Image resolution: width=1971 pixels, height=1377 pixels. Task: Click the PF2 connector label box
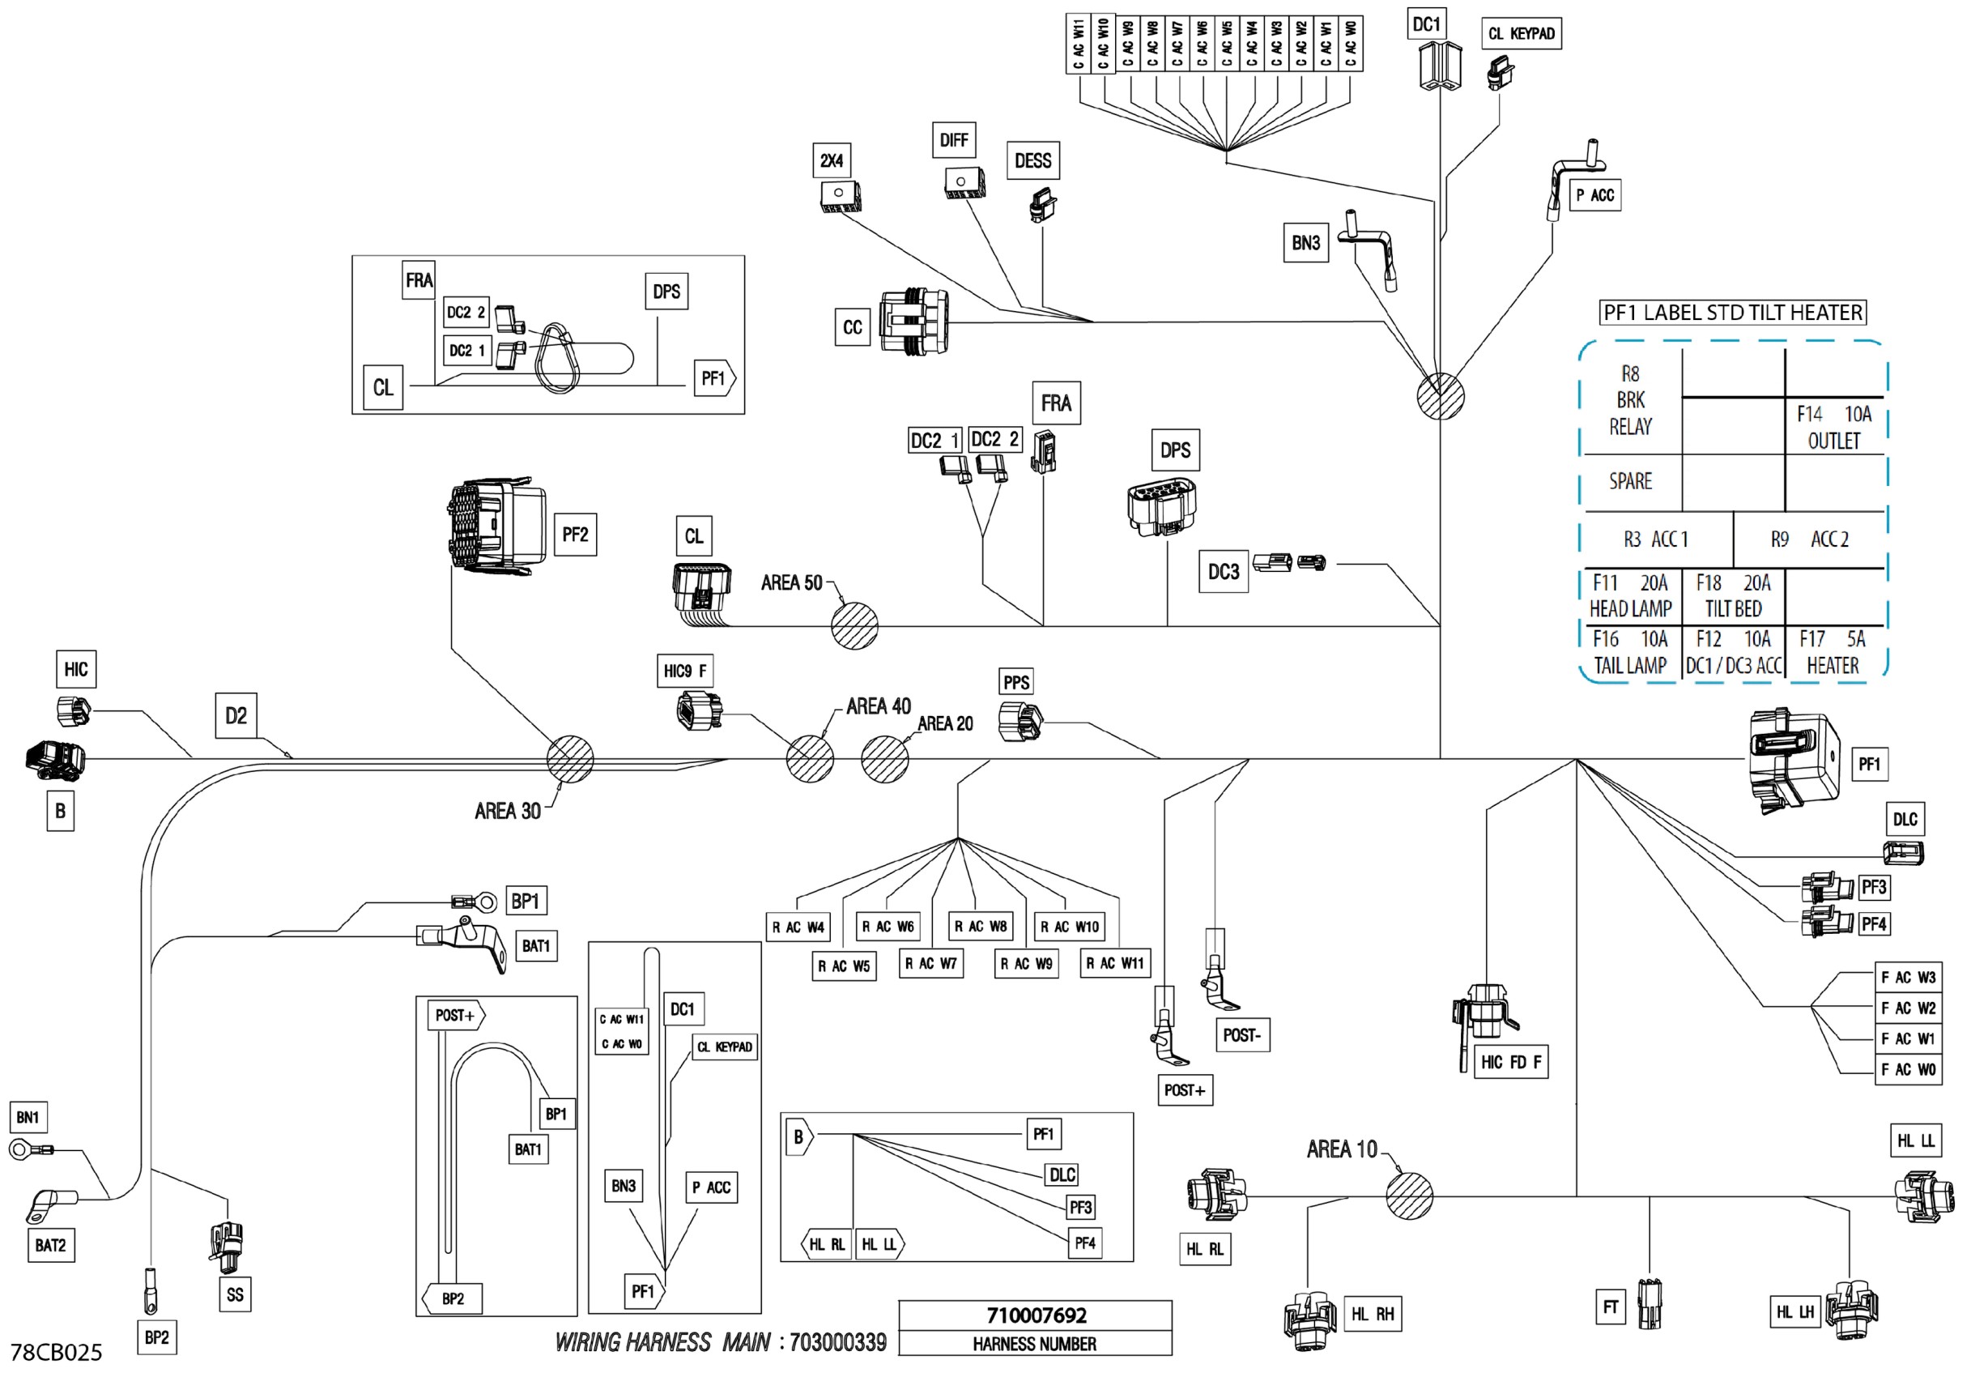(x=574, y=535)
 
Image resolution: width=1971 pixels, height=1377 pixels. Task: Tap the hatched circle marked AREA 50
(x=854, y=626)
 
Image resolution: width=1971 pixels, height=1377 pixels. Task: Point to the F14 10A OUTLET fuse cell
(x=1833, y=428)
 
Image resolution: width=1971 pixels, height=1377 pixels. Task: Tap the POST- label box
(x=1241, y=1035)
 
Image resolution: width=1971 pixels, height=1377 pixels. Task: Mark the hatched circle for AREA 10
(x=1409, y=1195)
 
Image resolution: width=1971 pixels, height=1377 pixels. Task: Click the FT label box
(x=1610, y=1307)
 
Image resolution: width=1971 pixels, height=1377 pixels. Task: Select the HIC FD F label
(x=1510, y=1062)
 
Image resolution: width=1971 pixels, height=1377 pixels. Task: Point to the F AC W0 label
(x=1908, y=1070)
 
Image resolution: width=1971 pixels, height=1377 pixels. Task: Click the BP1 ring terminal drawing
(x=476, y=902)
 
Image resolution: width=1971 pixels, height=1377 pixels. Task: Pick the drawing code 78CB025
(x=56, y=1353)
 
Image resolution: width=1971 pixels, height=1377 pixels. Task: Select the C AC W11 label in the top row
(x=1077, y=44)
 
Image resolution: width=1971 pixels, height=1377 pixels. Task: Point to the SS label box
(x=234, y=1294)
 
